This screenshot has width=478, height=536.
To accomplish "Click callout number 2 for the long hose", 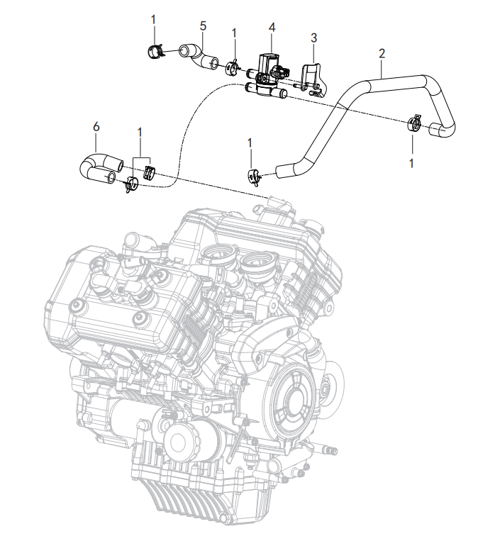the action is point(382,54).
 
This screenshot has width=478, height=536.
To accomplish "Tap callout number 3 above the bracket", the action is point(313,38).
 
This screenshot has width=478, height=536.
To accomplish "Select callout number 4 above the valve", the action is point(272,28).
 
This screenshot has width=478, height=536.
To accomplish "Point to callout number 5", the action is point(203,26).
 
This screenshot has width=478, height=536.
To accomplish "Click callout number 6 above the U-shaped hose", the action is point(96,126).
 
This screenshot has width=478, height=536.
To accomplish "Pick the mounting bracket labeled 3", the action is point(313,79).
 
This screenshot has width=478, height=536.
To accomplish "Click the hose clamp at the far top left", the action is point(155,52).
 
